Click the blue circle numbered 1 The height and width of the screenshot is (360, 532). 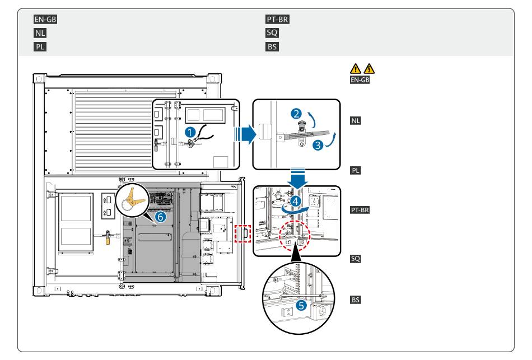pyautogui.click(x=190, y=132)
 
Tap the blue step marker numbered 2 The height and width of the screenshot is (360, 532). pyautogui.click(x=296, y=113)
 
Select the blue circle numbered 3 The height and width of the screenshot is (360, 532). pyautogui.click(x=318, y=145)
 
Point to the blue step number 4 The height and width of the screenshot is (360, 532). pyautogui.click(x=296, y=201)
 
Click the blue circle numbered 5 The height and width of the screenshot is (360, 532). pyautogui.click(x=301, y=305)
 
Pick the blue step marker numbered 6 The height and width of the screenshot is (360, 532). pyautogui.click(x=161, y=217)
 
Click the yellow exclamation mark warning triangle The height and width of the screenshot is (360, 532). pyautogui.click(x=355, y=68)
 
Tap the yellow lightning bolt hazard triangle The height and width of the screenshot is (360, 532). pyautogui.click(x=369, y=68)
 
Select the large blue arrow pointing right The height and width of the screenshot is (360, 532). pyautogui.click(x=245, y=134)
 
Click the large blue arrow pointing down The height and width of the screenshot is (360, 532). pyautogui.click(x=297, y=178)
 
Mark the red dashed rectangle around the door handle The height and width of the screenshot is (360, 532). pyautogui.click(x=242, y=233)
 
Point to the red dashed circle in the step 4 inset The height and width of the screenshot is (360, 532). pyautogui.click(x=295, y=236)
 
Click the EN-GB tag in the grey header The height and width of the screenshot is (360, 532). pyautogui.click(x=45, y=20)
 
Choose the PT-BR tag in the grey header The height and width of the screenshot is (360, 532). pyautogui.click(x=277, y=20)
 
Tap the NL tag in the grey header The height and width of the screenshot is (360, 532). pyautogui.click(x=40, y=33)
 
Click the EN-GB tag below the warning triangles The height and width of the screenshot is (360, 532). pyautogui.click(x=360, y=80)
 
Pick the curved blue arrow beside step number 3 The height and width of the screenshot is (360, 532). pyautogui.click(x=331, y=140)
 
